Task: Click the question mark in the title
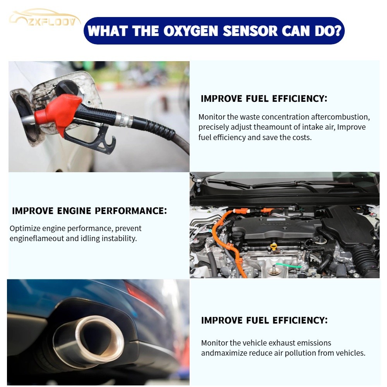(x=338, y=31)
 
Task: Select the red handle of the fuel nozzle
(x=58, y=112)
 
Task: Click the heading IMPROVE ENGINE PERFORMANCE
(x=89, y=211)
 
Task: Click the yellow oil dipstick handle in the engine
(x=274, y=246)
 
